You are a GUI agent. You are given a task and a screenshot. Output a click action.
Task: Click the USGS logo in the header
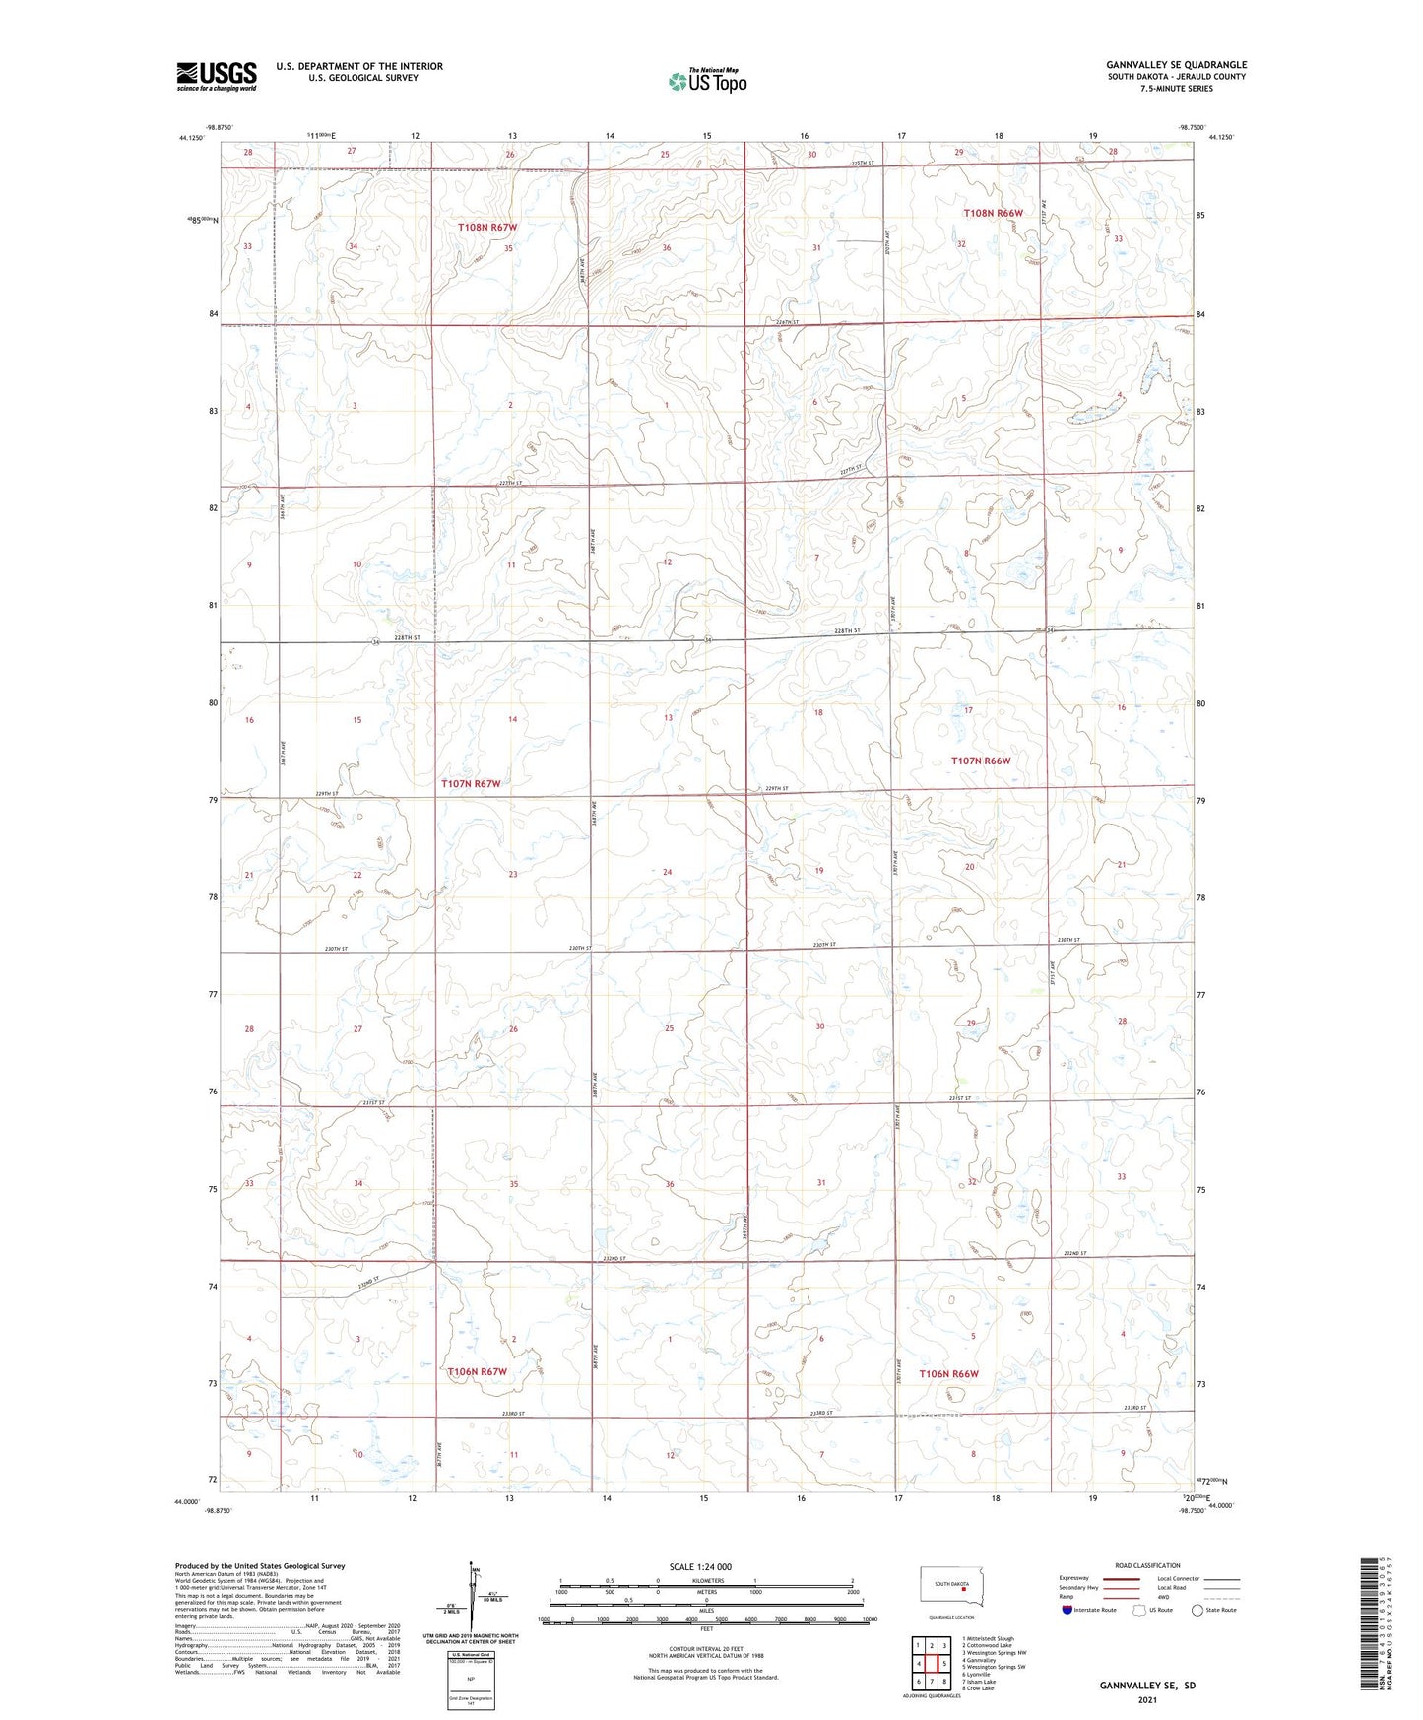217,76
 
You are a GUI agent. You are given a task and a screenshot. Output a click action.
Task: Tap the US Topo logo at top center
706,81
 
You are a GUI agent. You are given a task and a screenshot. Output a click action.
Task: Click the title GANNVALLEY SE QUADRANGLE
1176,65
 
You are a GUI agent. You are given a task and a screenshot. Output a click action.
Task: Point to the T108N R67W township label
487,228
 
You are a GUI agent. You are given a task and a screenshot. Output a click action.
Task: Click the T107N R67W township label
471,784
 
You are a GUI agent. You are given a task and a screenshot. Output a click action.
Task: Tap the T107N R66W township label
981,761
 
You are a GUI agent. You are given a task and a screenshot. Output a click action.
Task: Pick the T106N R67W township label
478,1371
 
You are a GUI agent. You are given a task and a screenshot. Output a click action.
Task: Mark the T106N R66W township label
948,1374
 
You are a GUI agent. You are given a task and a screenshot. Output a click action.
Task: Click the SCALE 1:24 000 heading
700,1567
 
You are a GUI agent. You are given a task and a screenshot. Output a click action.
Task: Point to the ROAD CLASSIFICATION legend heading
1148,1565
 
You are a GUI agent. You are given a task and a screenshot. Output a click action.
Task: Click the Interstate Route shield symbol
1067,1610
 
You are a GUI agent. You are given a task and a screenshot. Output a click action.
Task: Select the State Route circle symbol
1197,1610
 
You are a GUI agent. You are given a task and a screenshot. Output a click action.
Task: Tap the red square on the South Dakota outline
964,1588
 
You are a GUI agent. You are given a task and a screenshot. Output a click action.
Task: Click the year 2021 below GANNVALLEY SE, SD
1147,1699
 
